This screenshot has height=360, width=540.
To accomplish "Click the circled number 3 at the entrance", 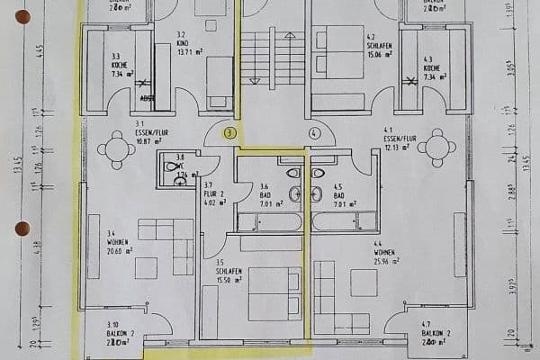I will click(x=230, y=132).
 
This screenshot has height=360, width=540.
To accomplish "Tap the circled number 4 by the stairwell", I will click(x=314, y=132).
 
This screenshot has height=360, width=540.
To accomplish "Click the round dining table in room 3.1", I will click(x=116, y=149).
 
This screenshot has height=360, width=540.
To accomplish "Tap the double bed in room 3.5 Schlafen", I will click(x=274, y=292).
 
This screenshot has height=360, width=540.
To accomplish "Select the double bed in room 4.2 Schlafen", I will click(x=337, y=57).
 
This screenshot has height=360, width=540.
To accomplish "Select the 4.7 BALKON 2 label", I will click(x=436, y=337).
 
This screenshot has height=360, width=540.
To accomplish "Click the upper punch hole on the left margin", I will click(x=22, y=16).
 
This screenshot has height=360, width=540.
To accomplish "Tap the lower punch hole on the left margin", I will click(x=22, y=229).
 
